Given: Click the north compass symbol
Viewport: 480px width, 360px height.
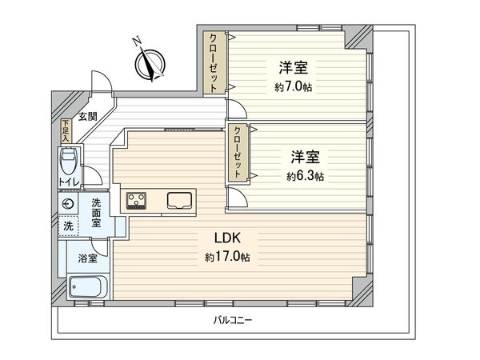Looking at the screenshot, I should (x=149, y=64).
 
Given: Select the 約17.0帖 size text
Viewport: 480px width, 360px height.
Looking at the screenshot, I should (x=228, y=258).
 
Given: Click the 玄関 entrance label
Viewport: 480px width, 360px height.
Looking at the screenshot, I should (x=88, y=118).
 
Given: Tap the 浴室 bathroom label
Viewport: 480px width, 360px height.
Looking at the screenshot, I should (x=87, y=258).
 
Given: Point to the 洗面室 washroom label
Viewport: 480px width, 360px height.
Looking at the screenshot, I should (x=97, y=213).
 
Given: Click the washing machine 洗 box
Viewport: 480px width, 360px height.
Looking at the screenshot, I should (x=68, y=226).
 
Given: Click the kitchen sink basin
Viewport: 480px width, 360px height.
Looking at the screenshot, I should (x=180, y=200).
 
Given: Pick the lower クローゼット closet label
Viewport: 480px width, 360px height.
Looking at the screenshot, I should (x=237, y=153).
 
